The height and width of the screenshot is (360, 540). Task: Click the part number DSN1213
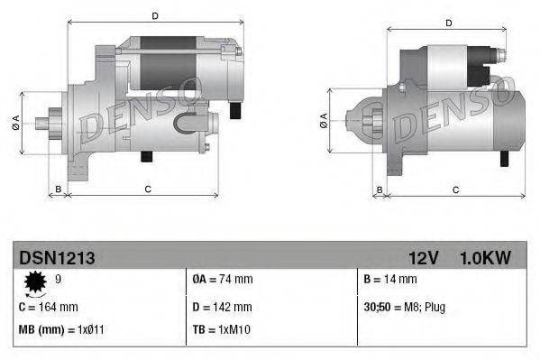[x=58, y=258]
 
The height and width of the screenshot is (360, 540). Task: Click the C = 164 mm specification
[x=49, y=307]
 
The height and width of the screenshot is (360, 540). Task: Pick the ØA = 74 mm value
[x=223, y=281]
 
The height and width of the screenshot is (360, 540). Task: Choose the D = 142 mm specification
[x=222, y=307]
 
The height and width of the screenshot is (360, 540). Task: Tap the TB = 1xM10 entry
[x=220, y=329]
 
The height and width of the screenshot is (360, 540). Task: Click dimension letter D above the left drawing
[x=155, y=15]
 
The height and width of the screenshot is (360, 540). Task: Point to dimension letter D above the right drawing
[x=448, y=22]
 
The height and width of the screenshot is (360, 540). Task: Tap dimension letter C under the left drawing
[x=146, y=189]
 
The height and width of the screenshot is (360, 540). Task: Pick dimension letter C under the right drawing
[x=455, y=189]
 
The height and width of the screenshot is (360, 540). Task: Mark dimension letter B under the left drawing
[x=59, y=189]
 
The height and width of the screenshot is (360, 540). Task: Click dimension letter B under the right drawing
[x=380, y=189]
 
